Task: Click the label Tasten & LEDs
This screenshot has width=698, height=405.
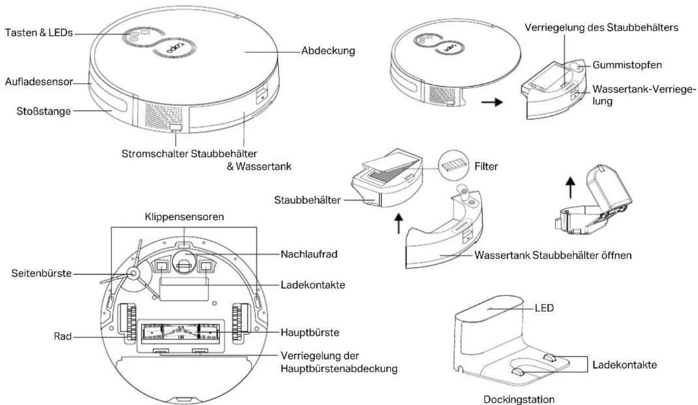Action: click(39, 32)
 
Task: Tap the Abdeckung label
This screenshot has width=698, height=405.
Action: click(328, 51)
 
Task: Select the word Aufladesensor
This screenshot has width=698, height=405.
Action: click(39, 82)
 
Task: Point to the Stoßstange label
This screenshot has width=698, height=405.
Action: click(44, 111)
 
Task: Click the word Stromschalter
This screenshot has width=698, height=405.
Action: click(155, 154)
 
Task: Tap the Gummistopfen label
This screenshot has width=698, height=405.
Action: click(627, 65)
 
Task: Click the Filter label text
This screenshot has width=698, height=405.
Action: click(486, 166)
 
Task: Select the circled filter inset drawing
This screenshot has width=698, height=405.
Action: click(453, 165)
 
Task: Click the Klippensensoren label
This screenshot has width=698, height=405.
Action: click(185, 217)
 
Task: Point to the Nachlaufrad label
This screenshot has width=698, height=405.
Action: click(309, 254)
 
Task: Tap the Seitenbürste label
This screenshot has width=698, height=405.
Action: click(41, 273)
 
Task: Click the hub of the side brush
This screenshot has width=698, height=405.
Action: click(133, 274)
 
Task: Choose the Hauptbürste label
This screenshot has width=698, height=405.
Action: click(310, 332)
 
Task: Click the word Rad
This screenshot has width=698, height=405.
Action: click(63, 336)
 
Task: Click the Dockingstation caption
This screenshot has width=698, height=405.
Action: click(519, 400)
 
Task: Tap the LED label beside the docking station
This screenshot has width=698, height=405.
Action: click(544, 308)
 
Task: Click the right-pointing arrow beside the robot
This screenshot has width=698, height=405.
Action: click(492, 102)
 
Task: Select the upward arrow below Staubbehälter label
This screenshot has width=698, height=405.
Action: click(398, 223)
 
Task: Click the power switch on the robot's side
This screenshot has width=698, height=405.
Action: click(176, 128)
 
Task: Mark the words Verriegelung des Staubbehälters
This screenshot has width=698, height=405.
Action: click(601, 28)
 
